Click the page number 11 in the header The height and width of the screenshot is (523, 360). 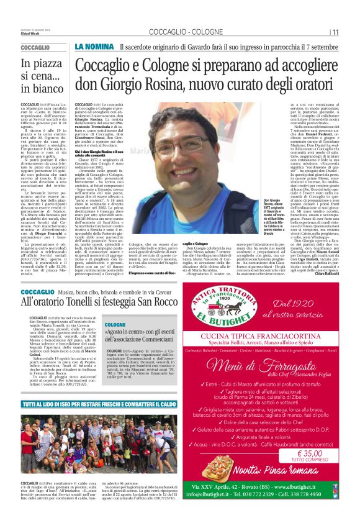coord(335,32)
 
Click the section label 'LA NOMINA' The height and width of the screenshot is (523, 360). coord(94,47)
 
